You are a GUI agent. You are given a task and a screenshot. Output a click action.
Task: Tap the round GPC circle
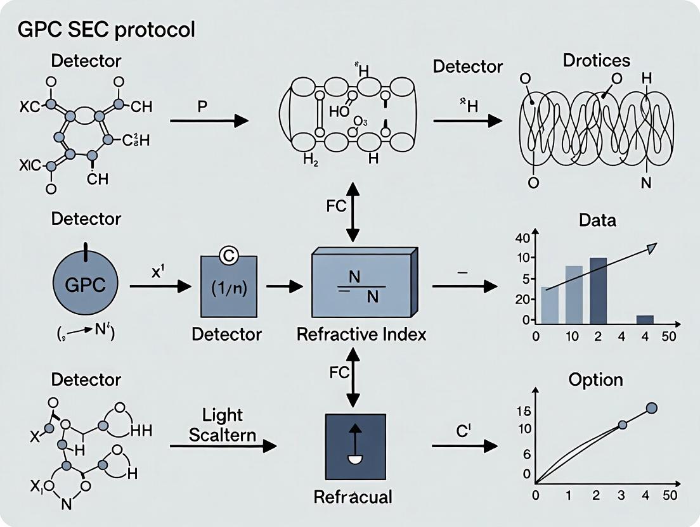point(85,287)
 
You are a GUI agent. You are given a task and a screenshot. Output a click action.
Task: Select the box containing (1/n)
point(228,286)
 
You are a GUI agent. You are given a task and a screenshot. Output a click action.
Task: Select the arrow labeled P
point(209,120)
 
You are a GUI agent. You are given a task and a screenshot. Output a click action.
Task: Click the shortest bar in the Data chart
point(644,320)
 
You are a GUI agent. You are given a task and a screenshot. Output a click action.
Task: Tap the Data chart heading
point(597,220)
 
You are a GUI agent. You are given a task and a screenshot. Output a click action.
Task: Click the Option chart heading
point(595,380)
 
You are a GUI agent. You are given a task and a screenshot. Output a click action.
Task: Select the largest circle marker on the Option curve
point(651,408)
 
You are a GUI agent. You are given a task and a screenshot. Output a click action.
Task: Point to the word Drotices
point(596,60)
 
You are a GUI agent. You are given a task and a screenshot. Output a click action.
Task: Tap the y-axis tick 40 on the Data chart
point(522,238)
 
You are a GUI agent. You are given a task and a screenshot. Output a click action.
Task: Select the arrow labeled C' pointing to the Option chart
point(464,447)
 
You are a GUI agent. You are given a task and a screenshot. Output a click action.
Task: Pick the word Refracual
point(353,497)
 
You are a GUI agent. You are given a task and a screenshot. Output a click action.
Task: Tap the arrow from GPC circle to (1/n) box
point(160,286)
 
